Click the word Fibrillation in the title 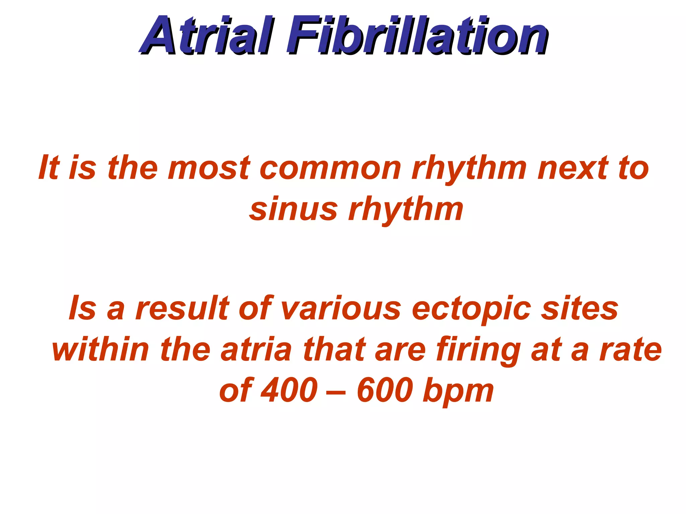[x=417, y=36]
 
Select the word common [x=330, y=168]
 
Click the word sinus [x=293, y=210]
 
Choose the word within [x=100, y=349]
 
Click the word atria [x=256, y=349]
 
